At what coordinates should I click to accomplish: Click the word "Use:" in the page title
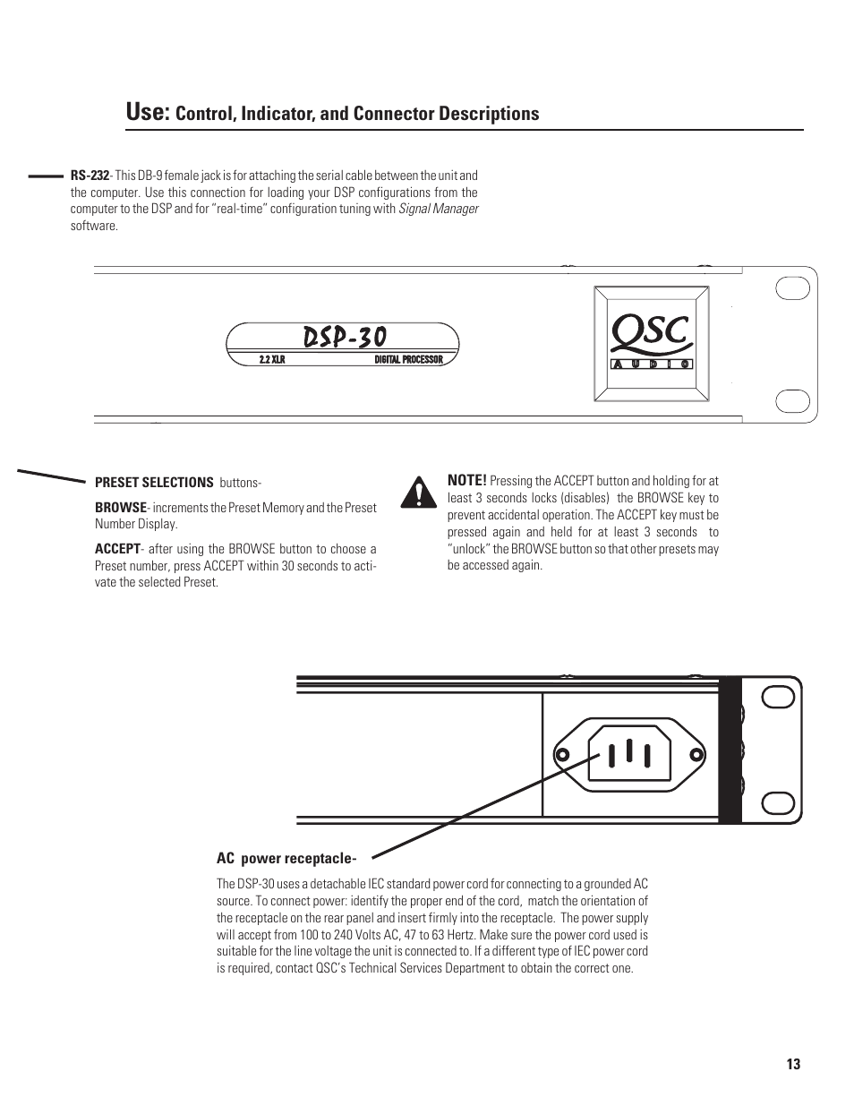coord(148,112)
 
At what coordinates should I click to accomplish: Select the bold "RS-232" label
coord(90,176)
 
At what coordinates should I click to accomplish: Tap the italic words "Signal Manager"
coord(439,209)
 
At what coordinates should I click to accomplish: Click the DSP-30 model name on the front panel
coord(345,337)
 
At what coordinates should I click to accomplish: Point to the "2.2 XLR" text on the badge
coord(271,359)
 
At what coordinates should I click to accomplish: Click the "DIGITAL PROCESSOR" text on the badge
coord(408,359)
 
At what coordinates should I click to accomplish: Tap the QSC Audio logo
coord(651,342)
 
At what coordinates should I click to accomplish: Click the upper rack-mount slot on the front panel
coord(791,288)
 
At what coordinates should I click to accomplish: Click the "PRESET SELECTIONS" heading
coord(154,483)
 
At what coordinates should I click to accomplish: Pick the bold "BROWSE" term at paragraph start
coord(120,508)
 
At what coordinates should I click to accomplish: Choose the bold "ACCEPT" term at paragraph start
coord(117,549)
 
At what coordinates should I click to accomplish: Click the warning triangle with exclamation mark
coord(414,493)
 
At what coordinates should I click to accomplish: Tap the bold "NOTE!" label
coord(466,481)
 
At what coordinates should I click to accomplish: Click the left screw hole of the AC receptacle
coord(562,755)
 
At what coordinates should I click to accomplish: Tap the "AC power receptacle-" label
coord(280,859)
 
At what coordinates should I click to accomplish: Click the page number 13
coord(793,1065)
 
